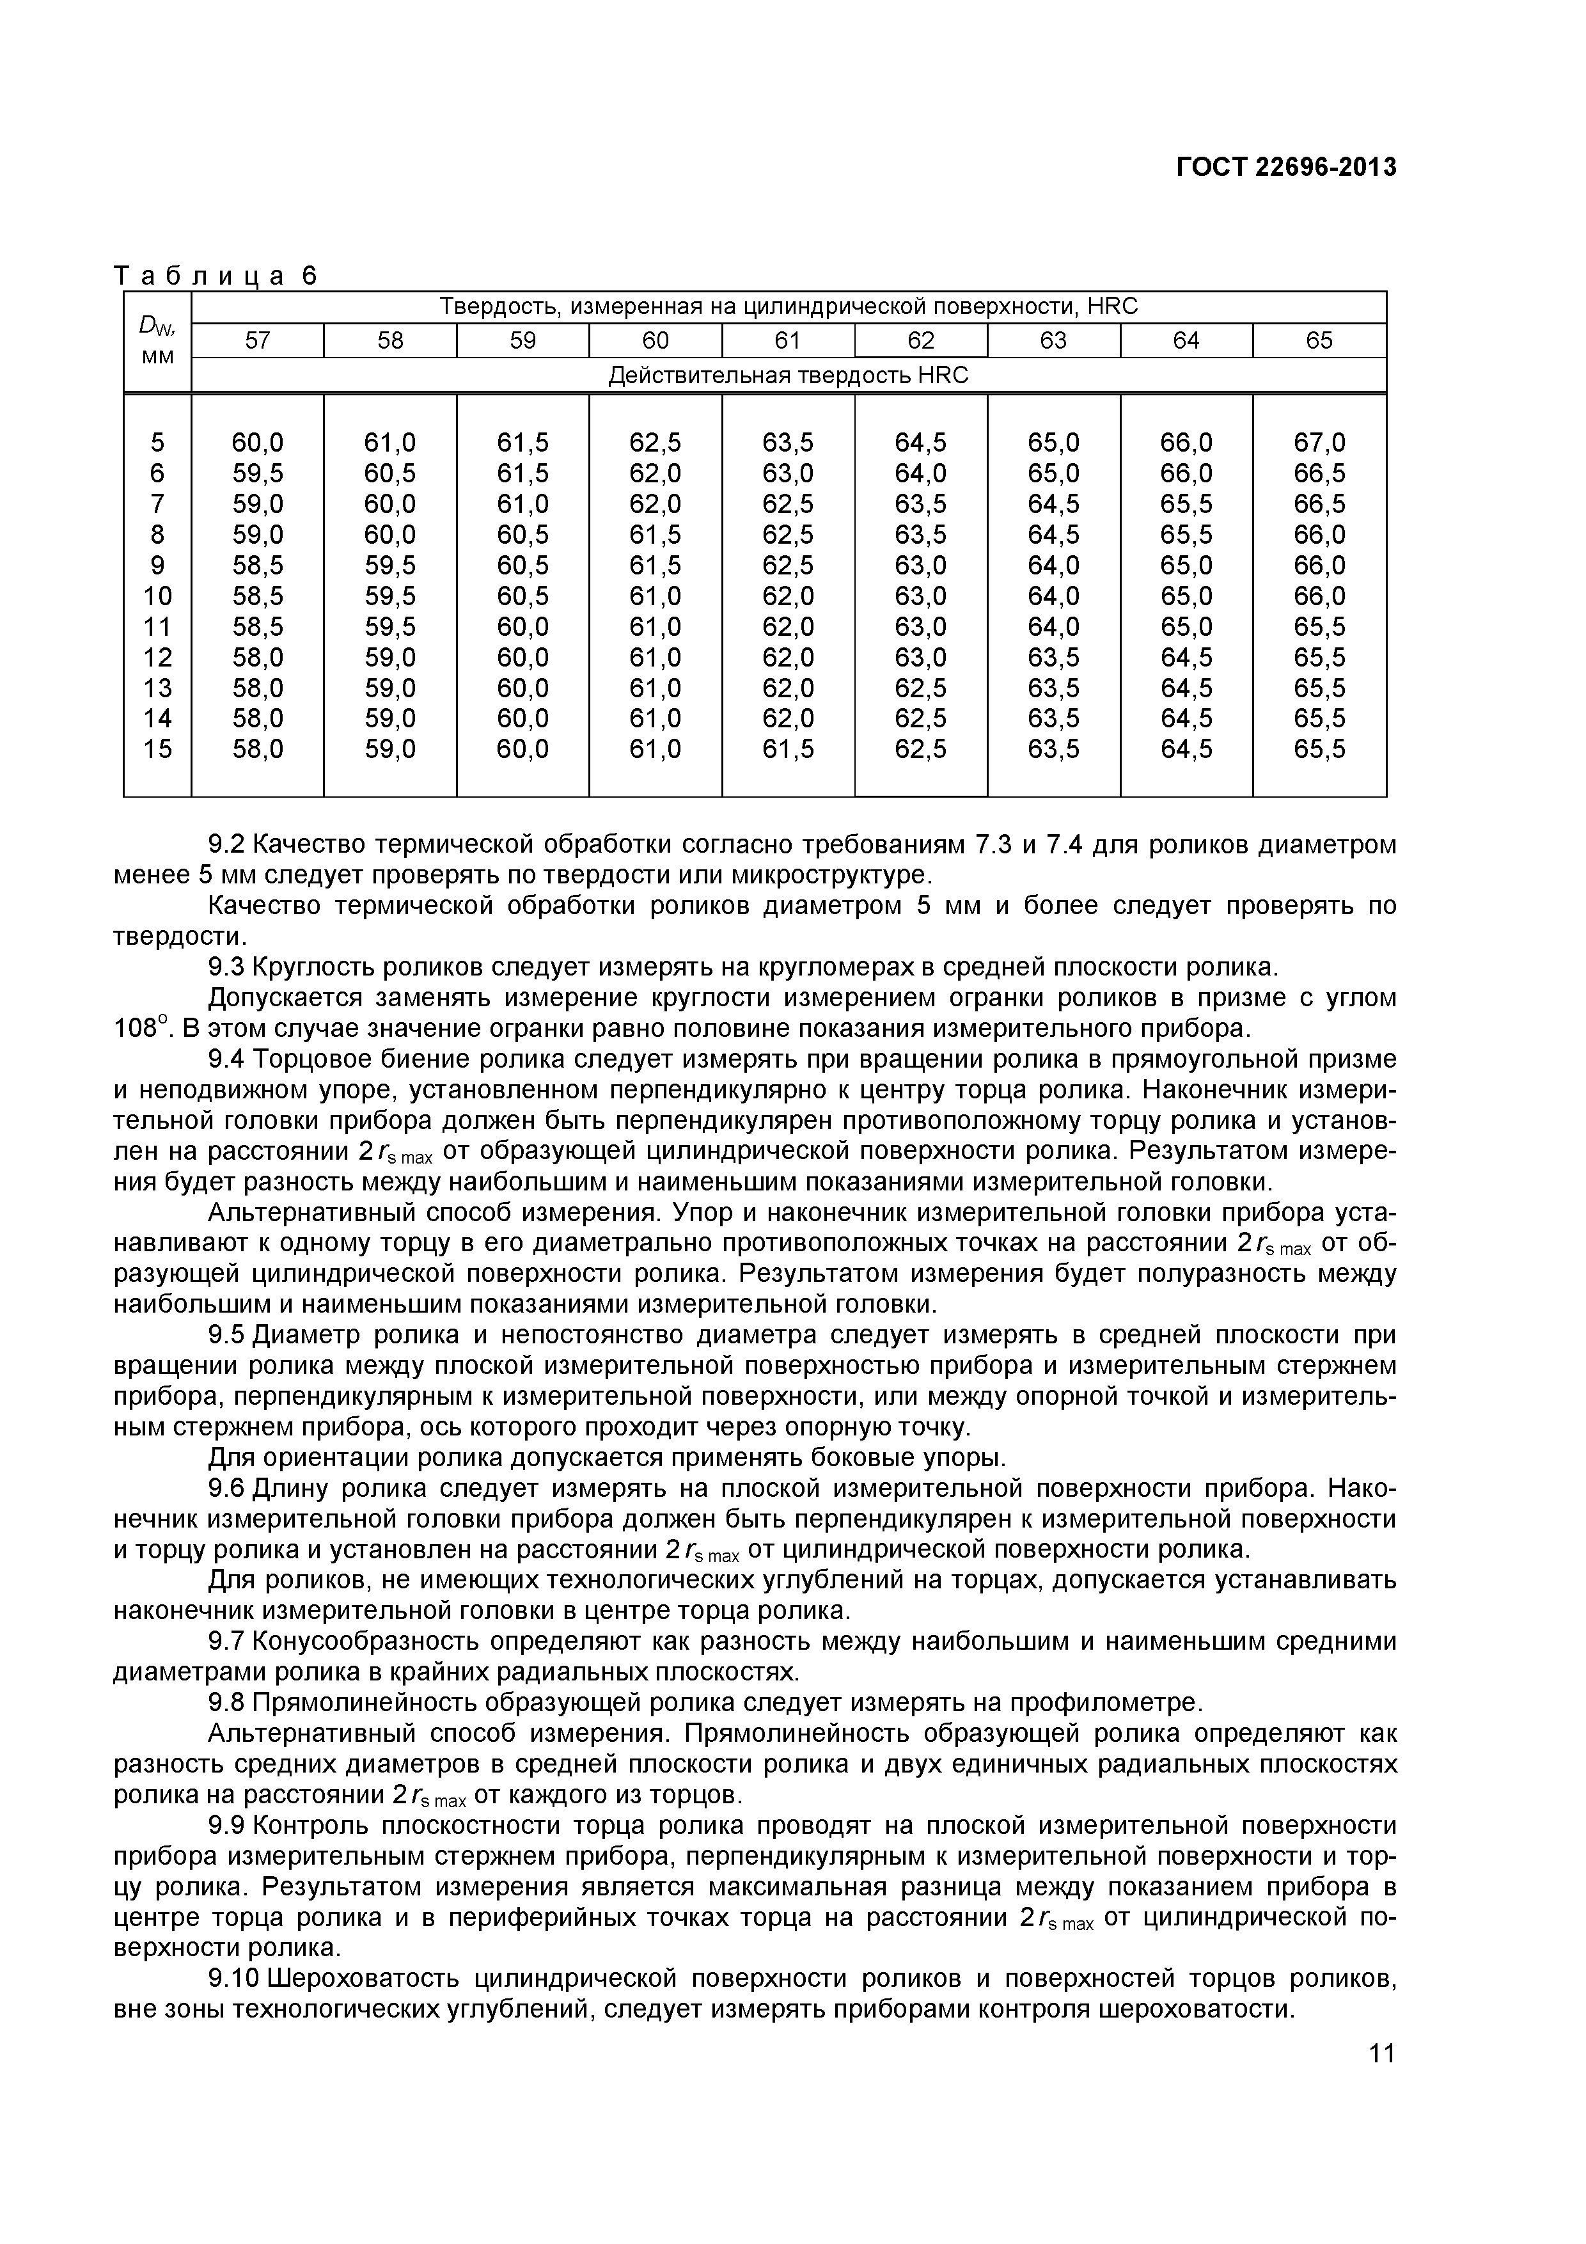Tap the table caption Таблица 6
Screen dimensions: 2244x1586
pyautogui.click(x=216, y=276)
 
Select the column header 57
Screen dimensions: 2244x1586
pyautogui.click(x=257, y=340)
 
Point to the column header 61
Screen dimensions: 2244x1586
pyautogui.click(x=788, y=340)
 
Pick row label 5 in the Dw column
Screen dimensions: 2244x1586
pyautogui.click(x=157, y=443)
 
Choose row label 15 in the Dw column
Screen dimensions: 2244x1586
pyautogui.click(x=157, y=748)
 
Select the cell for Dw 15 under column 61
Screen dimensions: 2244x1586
pyautogui.click(x=788, y=748)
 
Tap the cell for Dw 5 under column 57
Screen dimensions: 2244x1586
pyautogui.click(x=257, y=443)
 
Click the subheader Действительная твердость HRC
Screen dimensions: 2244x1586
pyautogui.click(x=788, y=375)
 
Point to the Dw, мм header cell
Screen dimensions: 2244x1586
pyautogui.click(x=157, y=340)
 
